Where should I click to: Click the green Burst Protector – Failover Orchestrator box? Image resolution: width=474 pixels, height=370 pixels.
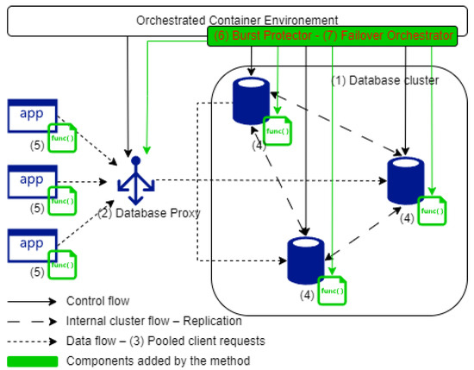click(x=332, y=36)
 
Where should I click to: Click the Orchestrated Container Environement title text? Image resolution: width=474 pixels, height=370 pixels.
click(x=237, y=21)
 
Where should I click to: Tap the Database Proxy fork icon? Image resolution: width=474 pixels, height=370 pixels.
click(x=135, y=180)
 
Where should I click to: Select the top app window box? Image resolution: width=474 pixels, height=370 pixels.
click(x=33, y=116)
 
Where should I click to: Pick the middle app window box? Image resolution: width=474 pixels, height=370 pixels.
click(x=33, y=182)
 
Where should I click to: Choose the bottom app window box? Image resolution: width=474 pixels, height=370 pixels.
click(x=33, y=245)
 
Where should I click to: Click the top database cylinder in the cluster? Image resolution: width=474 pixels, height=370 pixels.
click(x=251, y=101)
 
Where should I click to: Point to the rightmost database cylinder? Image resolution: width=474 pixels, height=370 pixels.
click(x=406, y=181)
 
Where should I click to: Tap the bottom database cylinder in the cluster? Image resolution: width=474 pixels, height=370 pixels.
click(x=306, y=260)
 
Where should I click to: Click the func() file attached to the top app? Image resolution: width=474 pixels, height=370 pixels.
click(x=62, y=138)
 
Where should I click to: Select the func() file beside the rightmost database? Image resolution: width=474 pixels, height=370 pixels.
click(x=432, y=210)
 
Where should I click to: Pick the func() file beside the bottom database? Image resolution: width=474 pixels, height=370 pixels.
click(x=332, y=291)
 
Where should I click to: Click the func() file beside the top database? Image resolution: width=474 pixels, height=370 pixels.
click(x=278, y=131)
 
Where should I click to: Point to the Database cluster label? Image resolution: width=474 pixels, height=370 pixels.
click(x=385, y=80)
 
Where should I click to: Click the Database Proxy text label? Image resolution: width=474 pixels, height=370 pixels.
click(x=149, y=213)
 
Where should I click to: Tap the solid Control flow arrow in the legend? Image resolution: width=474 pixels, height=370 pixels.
click(x=32, y=301)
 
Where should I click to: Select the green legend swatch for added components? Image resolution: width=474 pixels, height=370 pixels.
click(x=33, y=361)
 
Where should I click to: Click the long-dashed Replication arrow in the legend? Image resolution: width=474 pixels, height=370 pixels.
click(x=32, y=322)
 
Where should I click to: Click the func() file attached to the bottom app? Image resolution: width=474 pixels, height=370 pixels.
click(x=62, y=265)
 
